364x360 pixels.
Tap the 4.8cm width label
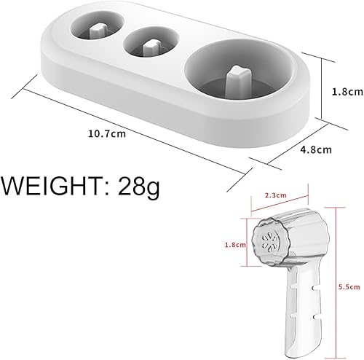pyautogui.click(x=316, y=150)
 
